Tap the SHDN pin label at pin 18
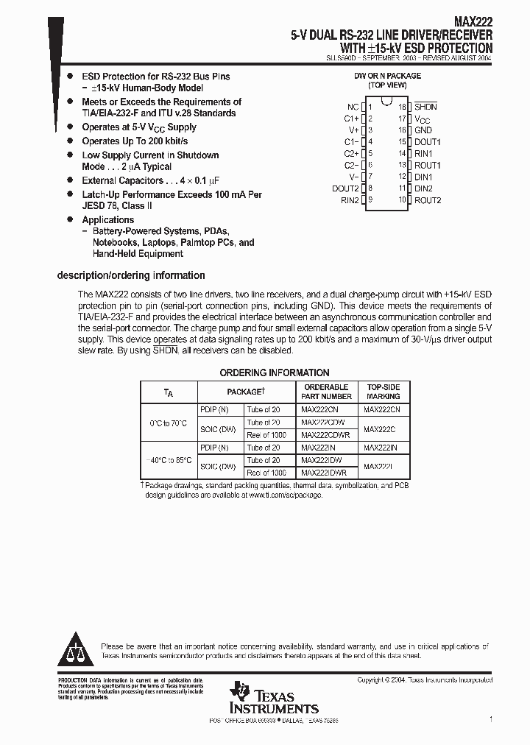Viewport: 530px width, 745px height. click(425, 107)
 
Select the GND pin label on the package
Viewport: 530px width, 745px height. click(423, 130)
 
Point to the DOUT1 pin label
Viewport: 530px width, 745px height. click(428, 142)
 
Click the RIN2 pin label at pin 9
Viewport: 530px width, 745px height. click(350, 200)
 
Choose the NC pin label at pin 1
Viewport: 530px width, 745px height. click(353, 107)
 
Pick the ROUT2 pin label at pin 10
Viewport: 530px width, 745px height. click(428, 200)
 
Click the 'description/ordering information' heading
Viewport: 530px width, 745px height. click(131, 275)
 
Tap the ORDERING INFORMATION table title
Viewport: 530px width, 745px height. click(275, 372)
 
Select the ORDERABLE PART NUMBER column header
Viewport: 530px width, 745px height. click(326, 392)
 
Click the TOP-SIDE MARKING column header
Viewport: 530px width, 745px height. click(384, 392)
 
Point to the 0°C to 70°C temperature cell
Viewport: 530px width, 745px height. click(168, 423)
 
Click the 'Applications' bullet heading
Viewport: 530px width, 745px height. click(108, 219)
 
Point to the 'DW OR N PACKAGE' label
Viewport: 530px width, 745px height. click(388, 76)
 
